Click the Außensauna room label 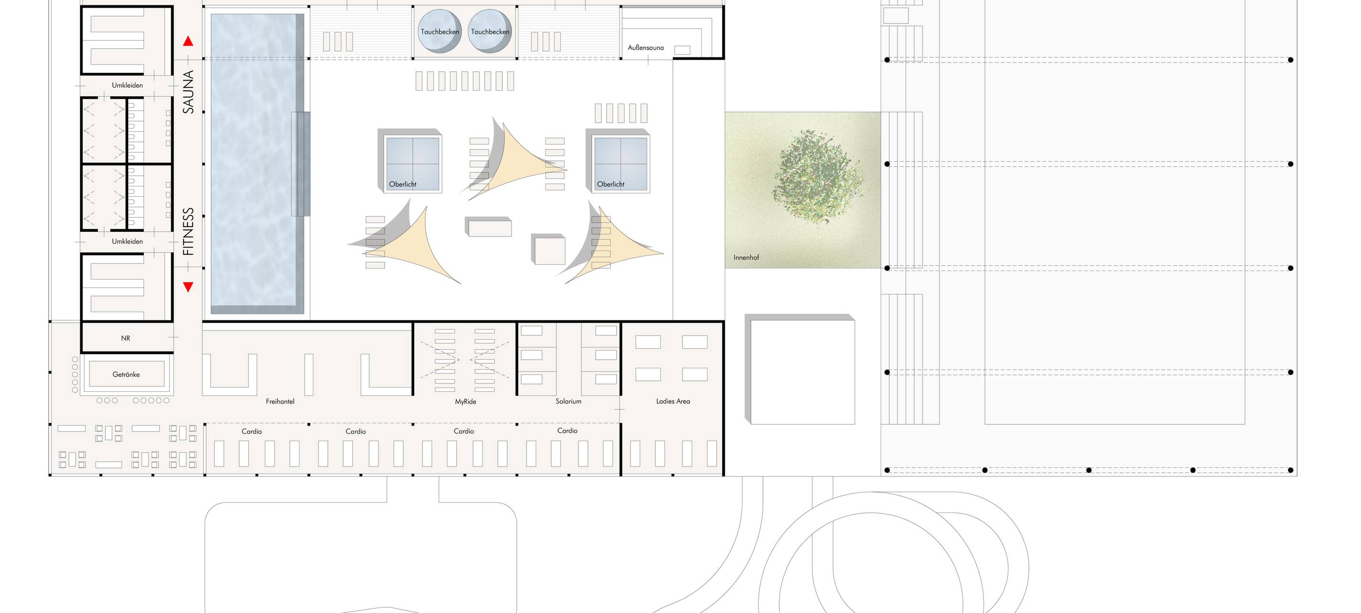(x=646, y=47)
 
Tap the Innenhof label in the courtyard (x=746, y=258)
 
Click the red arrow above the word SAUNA (x=188, y=41)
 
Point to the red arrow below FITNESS (x=188, y=287)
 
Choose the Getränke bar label (x=126, y=375)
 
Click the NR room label (x=125, y=339)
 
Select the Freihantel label (x=280, y=401)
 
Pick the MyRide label (x=465, y=401)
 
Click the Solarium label (x=568, y=401)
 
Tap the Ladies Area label (x=673, y=401)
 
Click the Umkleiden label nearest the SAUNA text (x=127, y=85)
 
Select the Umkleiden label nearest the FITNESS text (x=127, y=242)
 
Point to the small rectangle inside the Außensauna (x=682, y=50)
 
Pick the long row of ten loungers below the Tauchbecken (x=465, y=81)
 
